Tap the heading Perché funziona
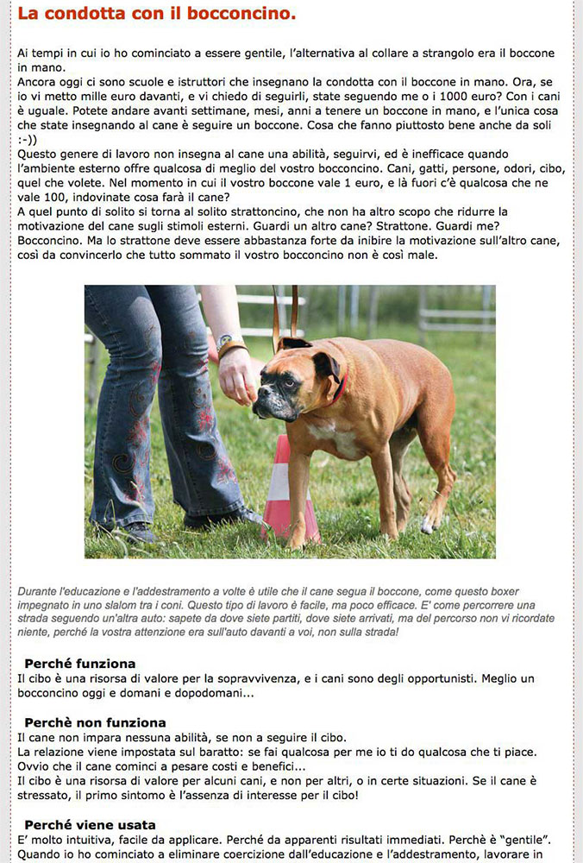(x=79, y=664)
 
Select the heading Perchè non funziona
(x=95, y=722)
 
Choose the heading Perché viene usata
(x=90, y=824)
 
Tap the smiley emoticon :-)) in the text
(x=29, y=139)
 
